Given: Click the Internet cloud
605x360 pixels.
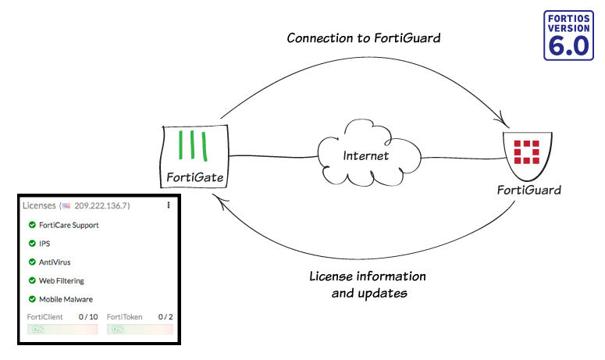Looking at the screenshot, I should point(365,155).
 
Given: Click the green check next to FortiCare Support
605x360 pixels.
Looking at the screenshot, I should point(32,225).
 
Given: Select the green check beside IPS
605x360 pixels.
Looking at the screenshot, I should point(32,244).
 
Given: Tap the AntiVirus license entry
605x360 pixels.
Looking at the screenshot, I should point(55,262).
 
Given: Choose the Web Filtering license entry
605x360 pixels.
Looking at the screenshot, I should point(61,280).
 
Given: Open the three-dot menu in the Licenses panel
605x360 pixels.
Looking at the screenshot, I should point(168,205).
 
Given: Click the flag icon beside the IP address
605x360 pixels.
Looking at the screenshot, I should point(66,206).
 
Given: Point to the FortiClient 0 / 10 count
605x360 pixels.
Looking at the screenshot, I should point(88,317).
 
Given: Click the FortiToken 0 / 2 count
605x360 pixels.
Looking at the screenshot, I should point(165,317).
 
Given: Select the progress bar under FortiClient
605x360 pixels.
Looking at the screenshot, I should point(62,330).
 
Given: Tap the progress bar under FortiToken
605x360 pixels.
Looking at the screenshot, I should point(140,330).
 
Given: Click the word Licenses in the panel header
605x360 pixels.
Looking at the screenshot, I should point(38,205).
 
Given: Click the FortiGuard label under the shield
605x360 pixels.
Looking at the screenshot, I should point(529,190).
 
